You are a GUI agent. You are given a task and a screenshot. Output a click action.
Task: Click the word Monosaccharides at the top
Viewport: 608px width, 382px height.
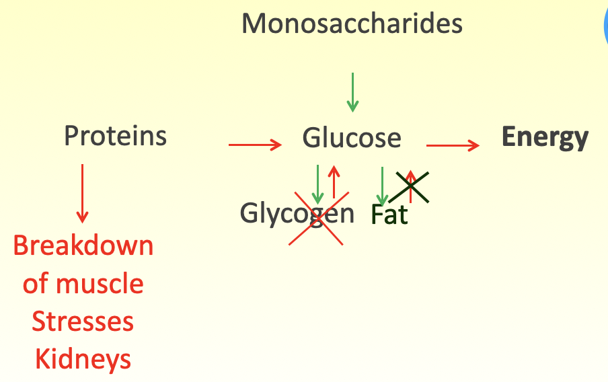point(352,24)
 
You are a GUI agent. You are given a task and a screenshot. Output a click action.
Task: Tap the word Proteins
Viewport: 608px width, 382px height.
point(115,137)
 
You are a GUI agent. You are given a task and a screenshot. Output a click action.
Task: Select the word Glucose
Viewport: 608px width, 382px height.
point(352,139)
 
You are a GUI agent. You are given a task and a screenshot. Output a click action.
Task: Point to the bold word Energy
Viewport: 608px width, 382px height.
point(545,138)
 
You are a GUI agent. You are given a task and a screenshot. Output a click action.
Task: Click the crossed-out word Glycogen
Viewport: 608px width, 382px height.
point(297,215)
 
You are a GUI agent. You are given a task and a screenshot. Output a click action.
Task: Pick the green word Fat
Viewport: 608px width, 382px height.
point(389,215)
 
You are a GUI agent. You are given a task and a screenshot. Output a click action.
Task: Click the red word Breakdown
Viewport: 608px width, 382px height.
point(83,246)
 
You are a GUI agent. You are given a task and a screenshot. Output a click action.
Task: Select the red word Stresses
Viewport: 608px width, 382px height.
point(83,321)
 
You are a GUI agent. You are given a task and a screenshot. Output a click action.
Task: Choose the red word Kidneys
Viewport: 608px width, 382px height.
point(83,360)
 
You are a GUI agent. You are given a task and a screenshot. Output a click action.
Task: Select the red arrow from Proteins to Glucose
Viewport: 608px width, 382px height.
point(254,144)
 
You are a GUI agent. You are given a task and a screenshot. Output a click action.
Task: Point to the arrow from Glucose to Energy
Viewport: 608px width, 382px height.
point(453,145)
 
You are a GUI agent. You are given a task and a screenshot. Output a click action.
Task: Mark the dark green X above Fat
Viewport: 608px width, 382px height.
point(410,186)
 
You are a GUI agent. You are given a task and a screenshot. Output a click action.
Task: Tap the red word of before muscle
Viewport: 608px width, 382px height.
point(35,284)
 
